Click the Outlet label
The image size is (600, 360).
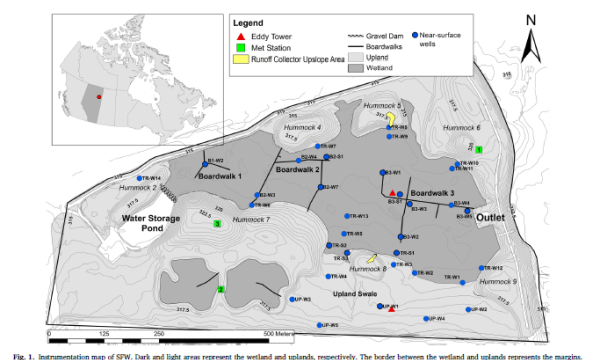pyautogui.click(x=494, y=217)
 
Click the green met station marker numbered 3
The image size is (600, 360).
pyautogui.click(x=217, y=224)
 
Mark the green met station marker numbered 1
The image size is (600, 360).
pyautogui.click(x=479, y=149)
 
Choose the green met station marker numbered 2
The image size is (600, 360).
pyautogui.click(x=220, y=289)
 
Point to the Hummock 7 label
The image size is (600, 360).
pyautogui.click(x=251, y=219)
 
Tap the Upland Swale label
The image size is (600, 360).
pyautogui.click(x=351, y=292)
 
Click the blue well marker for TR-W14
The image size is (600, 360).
pyautogui.click(x=139, y=178)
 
